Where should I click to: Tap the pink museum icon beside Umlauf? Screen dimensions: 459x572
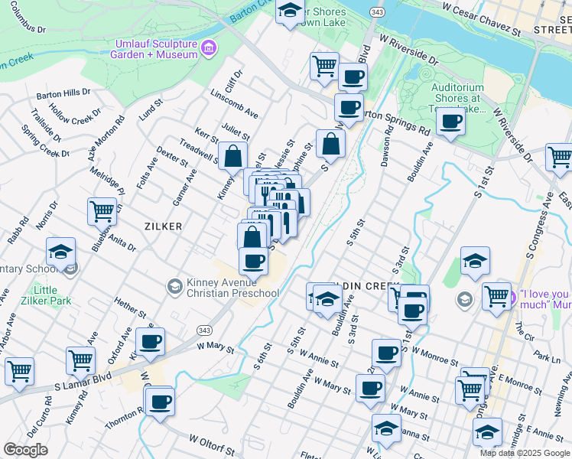coord(208,50)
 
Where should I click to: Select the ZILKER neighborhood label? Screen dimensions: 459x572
coord(162,226)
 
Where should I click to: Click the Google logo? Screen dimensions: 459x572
coord(25,450)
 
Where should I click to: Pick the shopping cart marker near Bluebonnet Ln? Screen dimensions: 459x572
coord(102,210)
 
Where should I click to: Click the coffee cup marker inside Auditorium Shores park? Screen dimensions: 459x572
coord(450,121)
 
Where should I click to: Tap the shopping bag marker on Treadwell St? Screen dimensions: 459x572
coord(232,157)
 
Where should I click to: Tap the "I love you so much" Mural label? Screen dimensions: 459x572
coord(544,299)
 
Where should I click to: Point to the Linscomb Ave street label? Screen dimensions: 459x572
coord(234,108)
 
